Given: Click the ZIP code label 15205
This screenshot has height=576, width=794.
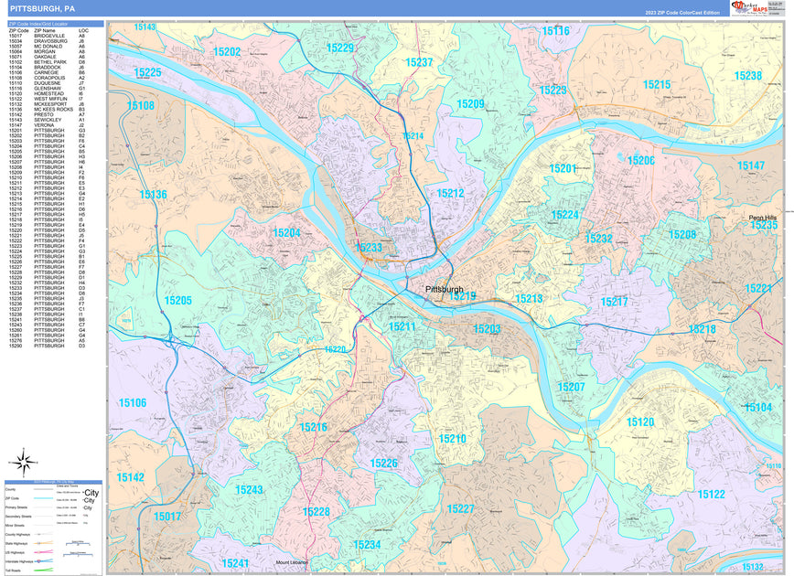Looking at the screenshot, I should (x=177, y=301).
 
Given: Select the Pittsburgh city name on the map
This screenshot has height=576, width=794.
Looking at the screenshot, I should (x=445, y=290).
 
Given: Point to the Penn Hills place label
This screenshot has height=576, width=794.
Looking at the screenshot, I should (x=762, y=217).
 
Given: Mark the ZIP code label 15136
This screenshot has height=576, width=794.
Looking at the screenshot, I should (x=153, y=195).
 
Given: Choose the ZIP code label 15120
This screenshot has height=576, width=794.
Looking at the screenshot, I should (x=640, y=421).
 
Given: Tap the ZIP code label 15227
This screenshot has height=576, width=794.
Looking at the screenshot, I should (x=461, y=508).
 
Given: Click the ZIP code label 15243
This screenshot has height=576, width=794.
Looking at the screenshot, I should (x=249, y=490).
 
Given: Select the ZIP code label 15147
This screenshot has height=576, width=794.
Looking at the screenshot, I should (x=751, y=165).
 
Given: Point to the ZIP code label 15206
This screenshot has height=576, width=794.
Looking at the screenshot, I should (x=640, y=160).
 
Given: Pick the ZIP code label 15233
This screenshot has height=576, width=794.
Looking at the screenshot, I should (x=369, y=248).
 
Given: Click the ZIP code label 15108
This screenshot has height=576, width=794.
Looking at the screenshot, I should (x=140, y=106).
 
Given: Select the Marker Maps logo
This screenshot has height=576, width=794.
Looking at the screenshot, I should (x=756, y=8).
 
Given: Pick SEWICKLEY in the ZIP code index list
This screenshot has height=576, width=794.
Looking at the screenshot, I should (x=48, y=120).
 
